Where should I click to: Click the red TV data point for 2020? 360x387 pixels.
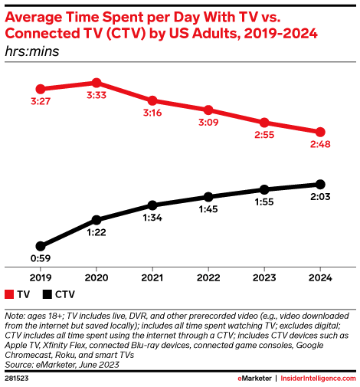[96, 83]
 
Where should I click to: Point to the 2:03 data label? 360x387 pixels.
[320, 198]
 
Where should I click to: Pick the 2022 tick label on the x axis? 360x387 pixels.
[208, 278]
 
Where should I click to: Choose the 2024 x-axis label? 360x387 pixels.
[320, 278]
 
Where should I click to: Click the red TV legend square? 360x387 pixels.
[10, 295]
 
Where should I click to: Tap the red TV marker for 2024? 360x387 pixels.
[320, 132]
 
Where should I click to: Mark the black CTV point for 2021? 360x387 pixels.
[152, 205]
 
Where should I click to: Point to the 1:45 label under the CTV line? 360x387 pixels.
[208, 210]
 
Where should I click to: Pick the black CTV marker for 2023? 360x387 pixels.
[264, 189]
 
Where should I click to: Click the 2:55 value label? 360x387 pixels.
[264, 136]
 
